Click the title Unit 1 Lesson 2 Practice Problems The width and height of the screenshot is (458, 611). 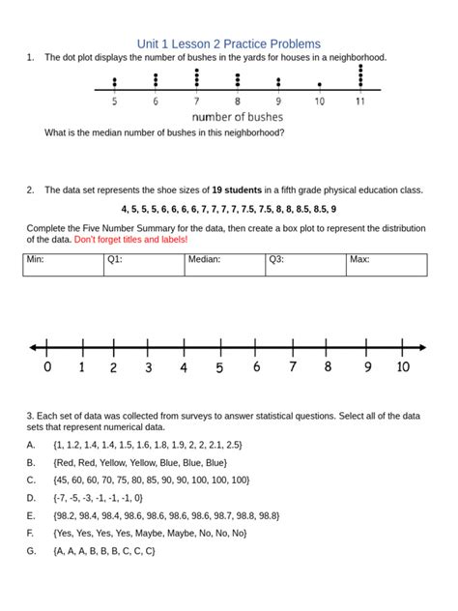(x=228, y=44)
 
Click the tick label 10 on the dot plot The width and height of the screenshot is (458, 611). (x=319, y=102)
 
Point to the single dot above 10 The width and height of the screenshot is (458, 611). (x=319, y=85)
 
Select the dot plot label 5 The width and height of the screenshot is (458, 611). (x=115, y=102)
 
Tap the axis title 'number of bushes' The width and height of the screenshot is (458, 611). (x=237, y=117)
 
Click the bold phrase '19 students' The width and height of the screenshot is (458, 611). (x=238, y=189)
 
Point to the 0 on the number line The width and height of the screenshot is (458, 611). (x=47, y=367)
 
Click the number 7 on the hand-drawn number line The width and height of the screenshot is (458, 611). (x=292, y=367)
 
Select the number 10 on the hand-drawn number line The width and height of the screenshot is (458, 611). (x=403, y=367)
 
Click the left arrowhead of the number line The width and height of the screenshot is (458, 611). (x=34, y=347)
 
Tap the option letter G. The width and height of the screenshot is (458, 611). (x=31, y=551)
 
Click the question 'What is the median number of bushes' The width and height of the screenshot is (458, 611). (x=164, y=133)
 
